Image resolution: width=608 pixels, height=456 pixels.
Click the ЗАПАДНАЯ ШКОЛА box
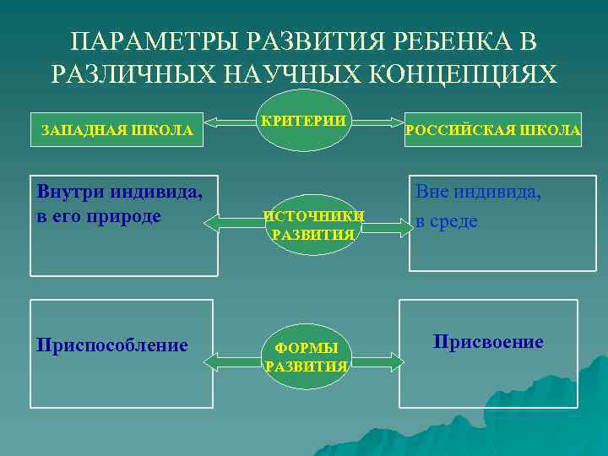117,131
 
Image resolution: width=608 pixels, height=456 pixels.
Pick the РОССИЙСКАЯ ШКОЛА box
493,131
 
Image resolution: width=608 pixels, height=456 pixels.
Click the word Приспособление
112,345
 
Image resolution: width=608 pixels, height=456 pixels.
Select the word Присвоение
488,342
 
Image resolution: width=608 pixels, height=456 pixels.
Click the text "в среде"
446,222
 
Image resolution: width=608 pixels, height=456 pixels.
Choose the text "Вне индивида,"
478,193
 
